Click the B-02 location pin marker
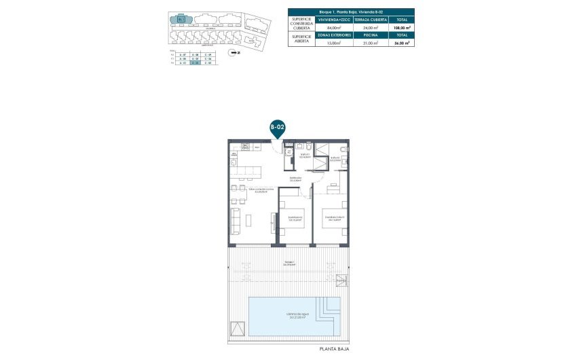(276, 127)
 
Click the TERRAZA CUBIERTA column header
(370, 20)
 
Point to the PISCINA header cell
(370, 35)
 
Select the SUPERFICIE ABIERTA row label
(302, 39)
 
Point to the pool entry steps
(331, 313)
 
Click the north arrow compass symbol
(234, 51)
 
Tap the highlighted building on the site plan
(181, 19)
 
